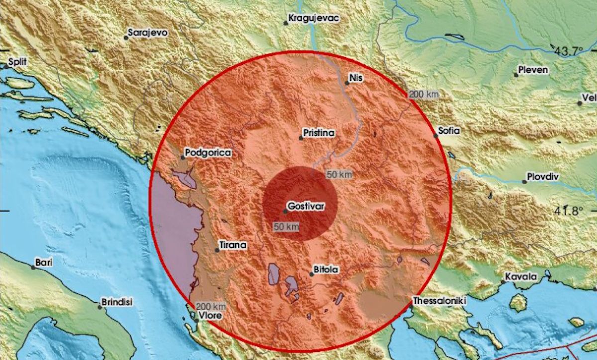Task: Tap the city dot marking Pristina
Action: pyautogui.click(x=301, y=138)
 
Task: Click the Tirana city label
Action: pyautogui.click(x=232, y=245)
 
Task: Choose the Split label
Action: pyautogui.click(x=17, y=62)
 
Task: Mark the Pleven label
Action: pyautogui.click(x=533, y=70)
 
